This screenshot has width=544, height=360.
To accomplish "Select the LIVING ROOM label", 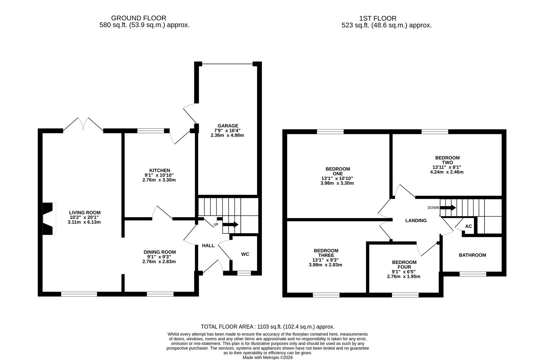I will [x=85, y=212].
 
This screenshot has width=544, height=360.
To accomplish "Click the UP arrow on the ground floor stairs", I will [x=230, y=225].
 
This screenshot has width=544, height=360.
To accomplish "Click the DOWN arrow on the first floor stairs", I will [x=448, y=208].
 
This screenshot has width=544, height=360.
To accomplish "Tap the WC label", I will [x=245, y=254].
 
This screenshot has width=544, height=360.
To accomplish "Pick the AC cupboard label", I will [x=468, y=226].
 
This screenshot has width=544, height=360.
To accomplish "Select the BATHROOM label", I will [x=472, y=255].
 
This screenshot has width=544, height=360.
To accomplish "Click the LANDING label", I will [x=416, y=220].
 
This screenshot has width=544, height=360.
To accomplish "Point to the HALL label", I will [x=208, y=246].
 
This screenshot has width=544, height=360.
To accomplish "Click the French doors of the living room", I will [x=83, y=124].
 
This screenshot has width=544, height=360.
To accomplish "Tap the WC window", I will [x=244, y=273].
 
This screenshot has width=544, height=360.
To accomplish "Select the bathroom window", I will [x=473, y=274].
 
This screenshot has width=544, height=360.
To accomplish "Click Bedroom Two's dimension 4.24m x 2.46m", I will [x=447, y=172].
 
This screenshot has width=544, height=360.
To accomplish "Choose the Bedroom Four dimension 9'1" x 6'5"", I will [x=404, y=272].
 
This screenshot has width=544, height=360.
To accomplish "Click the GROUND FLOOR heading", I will [x=138, y=18].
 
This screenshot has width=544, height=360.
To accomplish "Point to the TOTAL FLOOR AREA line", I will [x=267, y=327].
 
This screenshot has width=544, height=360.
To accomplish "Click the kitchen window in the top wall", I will [x=150, y=131].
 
